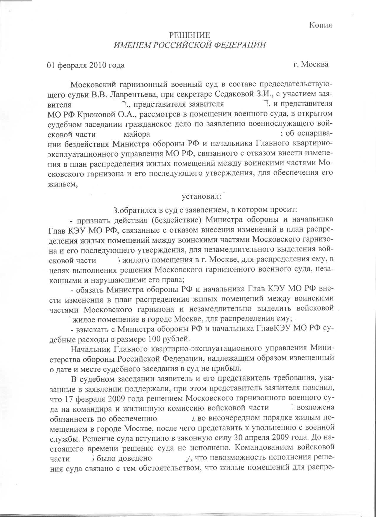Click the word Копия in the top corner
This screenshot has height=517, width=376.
[x=321, y=25]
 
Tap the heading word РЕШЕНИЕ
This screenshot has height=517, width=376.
[x=189, y=35]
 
